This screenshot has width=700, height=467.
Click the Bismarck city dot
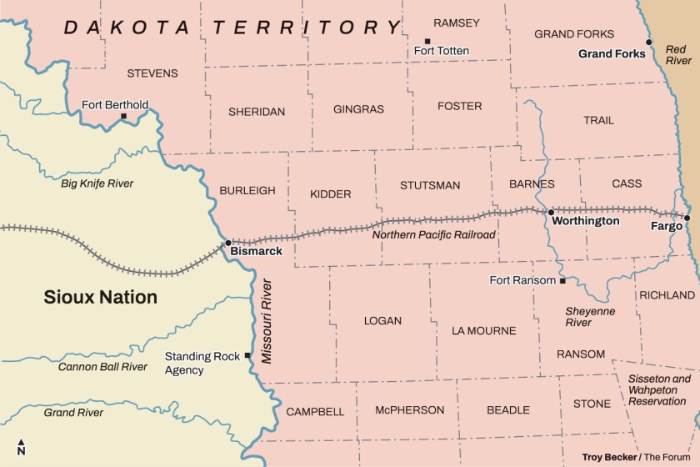point(228,243)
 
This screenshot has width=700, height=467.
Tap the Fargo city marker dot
point(687,218)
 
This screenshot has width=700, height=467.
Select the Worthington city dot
point(551,212)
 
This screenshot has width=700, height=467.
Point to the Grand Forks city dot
point(649,42)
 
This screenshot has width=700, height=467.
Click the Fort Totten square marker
point(427,41)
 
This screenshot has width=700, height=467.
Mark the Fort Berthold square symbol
point(124,116)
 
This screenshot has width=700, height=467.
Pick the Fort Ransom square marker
point(562,281)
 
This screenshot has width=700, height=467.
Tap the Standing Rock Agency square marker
point(247,355)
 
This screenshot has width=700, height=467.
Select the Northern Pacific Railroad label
point(433,235)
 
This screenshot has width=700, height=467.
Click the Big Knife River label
point(97,183)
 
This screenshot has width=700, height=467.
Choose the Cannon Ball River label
point(102,366)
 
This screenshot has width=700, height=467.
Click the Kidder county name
point(331,193)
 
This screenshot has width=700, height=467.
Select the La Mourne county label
point(483,330)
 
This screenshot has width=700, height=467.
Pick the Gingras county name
point(358,109)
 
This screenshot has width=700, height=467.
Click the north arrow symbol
point(21,447)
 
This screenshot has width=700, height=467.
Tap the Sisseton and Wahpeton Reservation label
point(658,389)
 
